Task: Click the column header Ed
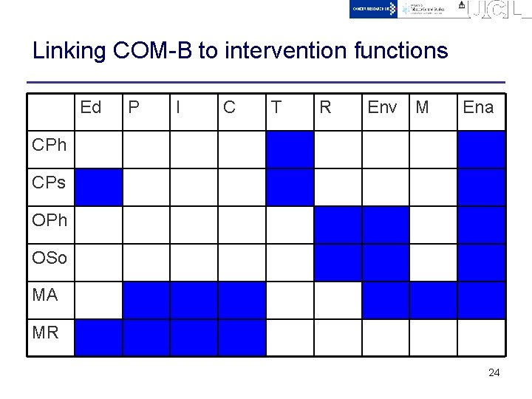90,108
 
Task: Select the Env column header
381,108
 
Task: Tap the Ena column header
477,108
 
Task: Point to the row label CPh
50,145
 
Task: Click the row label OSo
50,258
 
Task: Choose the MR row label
46,333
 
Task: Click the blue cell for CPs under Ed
98,187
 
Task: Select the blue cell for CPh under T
290,149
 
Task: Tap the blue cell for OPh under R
338,225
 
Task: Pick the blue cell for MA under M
433,300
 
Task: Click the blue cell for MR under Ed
98,338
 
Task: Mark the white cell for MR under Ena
481,338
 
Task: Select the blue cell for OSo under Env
385,262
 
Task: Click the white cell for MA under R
338,300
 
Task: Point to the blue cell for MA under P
146,300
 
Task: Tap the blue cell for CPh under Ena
481,149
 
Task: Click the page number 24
494,373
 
